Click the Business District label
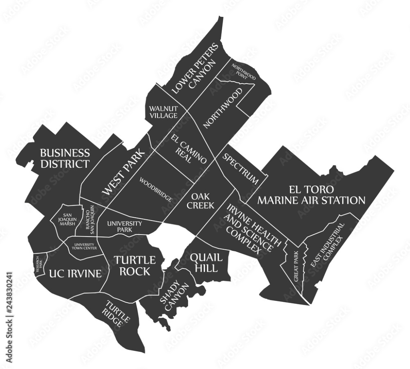pyautogui.click(x=64, y=158)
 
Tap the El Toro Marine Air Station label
pyautogui.click(x=311, y=195)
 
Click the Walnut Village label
pyautogui.click(x=163, y=112)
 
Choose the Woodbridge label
pyautogui.click(x=156, y=189)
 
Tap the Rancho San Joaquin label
pyautogui.click(x=90, y=220)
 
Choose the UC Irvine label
pyautogui.click(x=75, y=274)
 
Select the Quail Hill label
pyautogui.click(x=204, y=262)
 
